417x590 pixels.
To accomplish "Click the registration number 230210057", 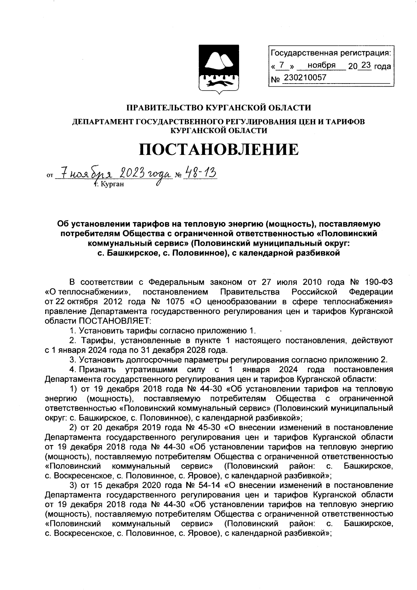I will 305,78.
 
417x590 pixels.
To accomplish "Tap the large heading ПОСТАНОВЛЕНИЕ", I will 219,150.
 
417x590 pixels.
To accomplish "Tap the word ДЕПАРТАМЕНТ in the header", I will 101,121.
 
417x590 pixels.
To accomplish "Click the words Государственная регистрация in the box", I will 330,53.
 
